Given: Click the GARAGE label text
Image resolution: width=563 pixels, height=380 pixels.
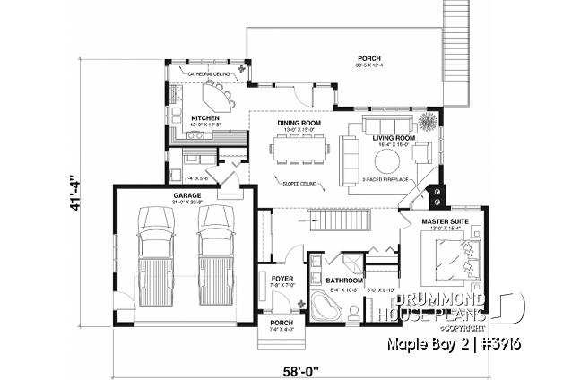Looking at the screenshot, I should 187,195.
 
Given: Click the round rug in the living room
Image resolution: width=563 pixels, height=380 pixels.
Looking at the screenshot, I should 387,162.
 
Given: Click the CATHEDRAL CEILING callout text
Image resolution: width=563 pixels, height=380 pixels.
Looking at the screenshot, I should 209,74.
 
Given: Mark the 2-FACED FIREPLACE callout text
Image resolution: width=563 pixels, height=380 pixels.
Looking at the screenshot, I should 385,179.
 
